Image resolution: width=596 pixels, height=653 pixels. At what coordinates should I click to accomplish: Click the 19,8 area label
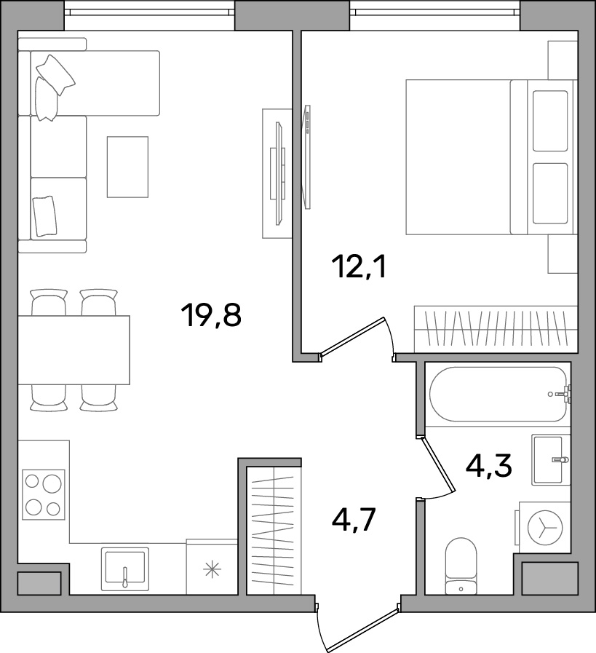pos(211,316)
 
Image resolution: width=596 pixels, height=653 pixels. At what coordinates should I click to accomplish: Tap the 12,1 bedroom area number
pos(359,267)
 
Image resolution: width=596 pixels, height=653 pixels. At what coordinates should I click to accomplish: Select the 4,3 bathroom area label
pos(488,466)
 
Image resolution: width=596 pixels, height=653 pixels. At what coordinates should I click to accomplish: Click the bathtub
pos(498,394)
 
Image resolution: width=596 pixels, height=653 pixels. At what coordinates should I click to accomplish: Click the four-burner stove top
pos(43,494)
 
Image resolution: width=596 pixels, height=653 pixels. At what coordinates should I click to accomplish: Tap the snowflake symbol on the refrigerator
pos(212,569)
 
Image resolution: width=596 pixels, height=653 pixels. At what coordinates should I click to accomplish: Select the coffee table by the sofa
pos(127,167)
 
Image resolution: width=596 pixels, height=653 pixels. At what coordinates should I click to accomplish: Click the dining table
pos(73,350)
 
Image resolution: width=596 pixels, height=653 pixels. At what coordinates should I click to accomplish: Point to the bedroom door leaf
pos(352,336)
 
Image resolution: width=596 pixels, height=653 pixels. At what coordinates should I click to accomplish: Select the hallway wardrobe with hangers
pos(274,531)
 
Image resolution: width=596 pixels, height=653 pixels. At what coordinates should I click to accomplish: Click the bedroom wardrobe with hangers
pos(496,329)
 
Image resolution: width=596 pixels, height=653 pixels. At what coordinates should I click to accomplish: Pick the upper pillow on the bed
pos(550,121)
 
